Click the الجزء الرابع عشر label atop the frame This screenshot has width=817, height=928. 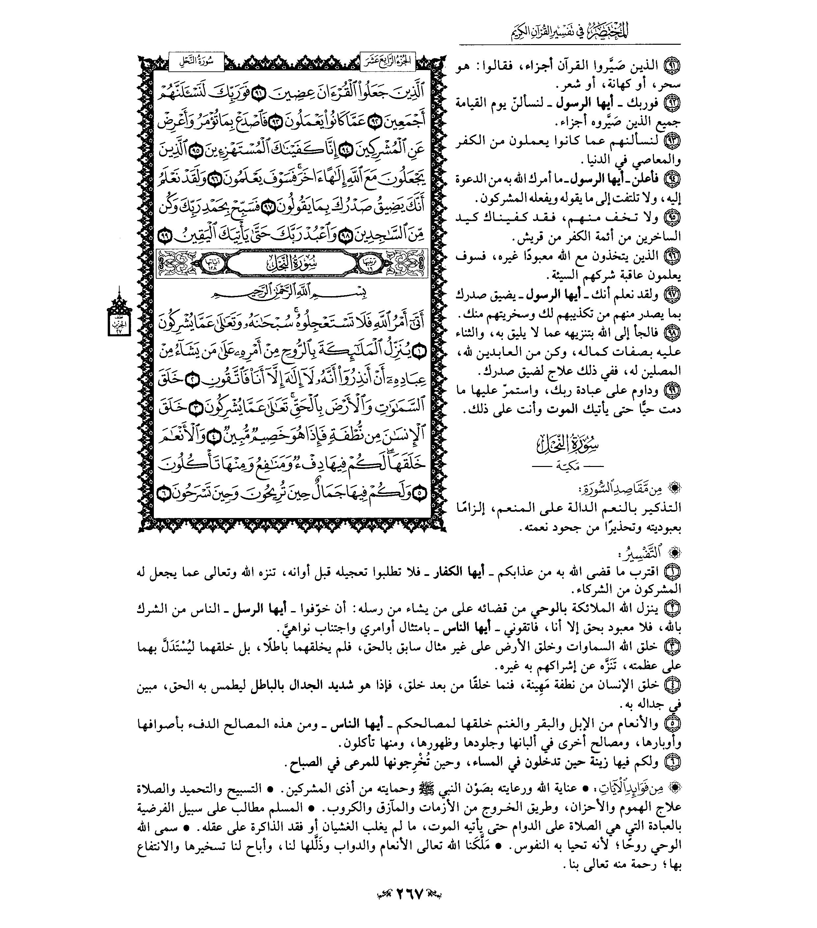pos(387,62)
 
